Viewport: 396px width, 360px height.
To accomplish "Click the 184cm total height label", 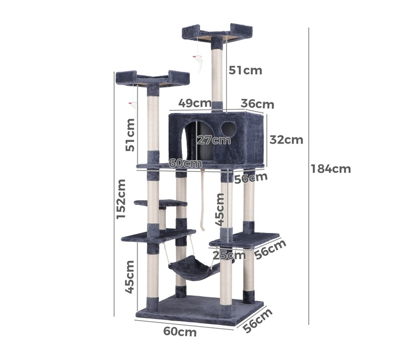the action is click(331, 169).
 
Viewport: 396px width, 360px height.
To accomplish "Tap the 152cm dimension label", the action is click(121, 199).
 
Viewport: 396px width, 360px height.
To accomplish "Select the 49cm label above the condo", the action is click(195, 103).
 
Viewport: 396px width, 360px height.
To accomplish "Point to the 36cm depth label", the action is click(257, 104).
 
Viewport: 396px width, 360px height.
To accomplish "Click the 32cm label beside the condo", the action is click(286, 140).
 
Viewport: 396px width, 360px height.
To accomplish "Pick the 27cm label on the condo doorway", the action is click(214, 140).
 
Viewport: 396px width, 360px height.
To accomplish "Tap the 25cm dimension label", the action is click(229, 255).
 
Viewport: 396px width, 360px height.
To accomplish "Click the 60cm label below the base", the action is click(180, 331).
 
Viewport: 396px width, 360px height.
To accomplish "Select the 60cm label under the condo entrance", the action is click(185, 163).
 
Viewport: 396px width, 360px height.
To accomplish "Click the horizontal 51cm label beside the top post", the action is click(245, 70).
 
